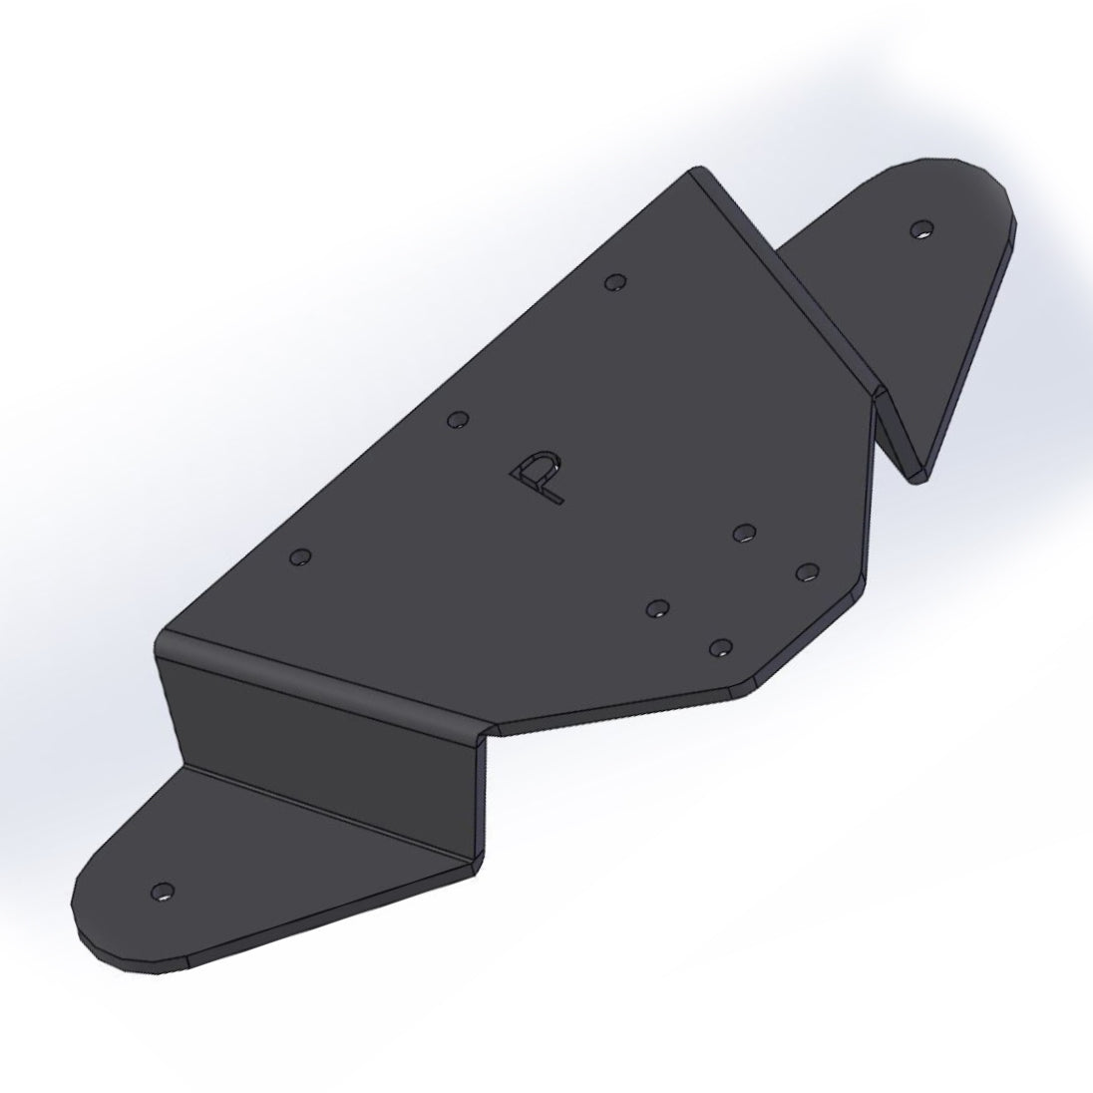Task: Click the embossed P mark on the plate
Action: point(539,477)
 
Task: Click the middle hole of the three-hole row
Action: point(457,420)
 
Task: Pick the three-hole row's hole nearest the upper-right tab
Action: point(615,283)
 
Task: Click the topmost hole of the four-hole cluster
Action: point(742,533)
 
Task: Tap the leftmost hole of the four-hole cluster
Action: point(656,608)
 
